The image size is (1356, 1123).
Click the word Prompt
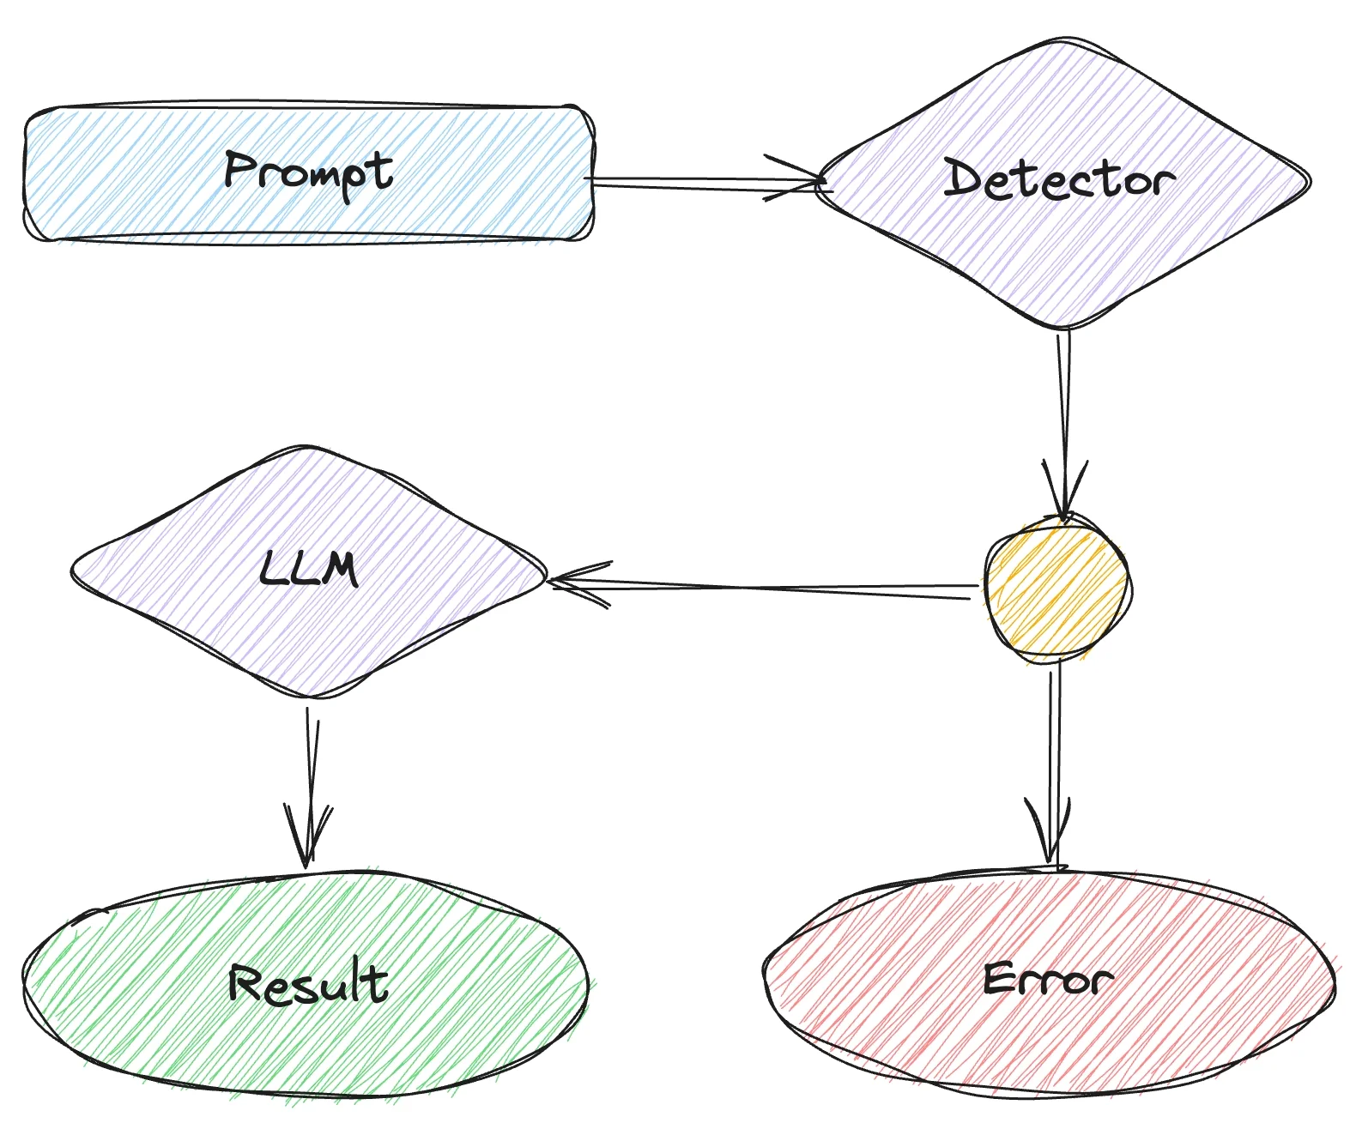coord(308,172)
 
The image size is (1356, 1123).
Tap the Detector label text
coord(1059,181)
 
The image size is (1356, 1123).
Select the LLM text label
coord(308,569)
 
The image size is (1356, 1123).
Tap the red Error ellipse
coord(901,1021)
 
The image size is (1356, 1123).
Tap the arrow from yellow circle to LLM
coord(772,588)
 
